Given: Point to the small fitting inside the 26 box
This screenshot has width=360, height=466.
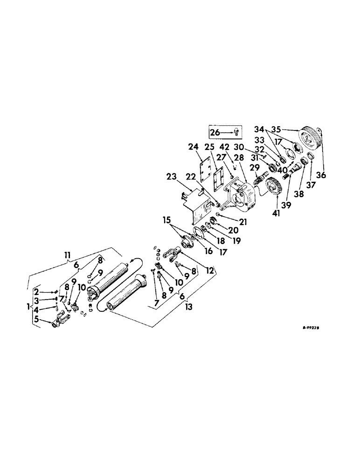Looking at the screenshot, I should coord(236,132).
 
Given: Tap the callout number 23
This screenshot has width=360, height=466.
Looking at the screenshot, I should coord(171,177).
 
